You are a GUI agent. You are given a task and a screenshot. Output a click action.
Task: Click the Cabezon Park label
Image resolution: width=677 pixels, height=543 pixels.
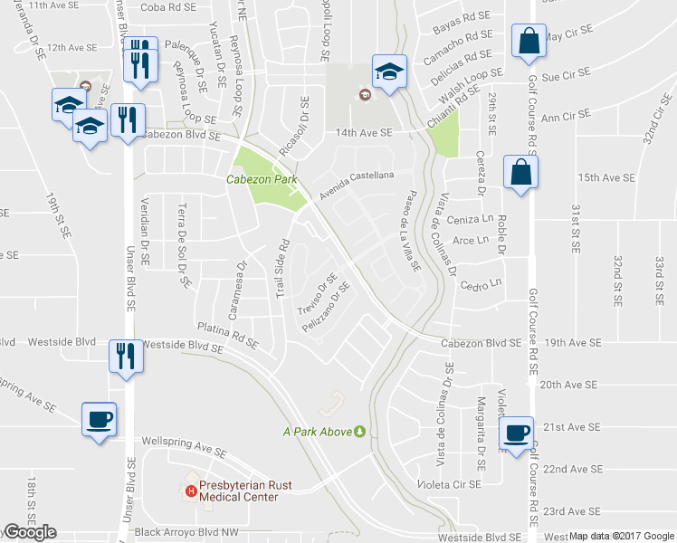pyautogui.click(x=262, y=180)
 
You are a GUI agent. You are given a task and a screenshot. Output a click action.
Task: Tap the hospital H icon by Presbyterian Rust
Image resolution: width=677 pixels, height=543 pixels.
pyautogui.click(x=191, y=491)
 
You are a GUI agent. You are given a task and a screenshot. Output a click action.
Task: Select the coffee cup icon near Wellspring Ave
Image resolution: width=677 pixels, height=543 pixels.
pyautogui.click(x=100, y=420)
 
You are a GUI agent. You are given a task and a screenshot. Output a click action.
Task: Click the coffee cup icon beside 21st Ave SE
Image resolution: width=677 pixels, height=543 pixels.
pyautogui.click(x=517, y=433)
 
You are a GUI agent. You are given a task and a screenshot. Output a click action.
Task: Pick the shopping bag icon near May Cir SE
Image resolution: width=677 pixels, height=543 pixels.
pyautogui.click(x=527, y=41)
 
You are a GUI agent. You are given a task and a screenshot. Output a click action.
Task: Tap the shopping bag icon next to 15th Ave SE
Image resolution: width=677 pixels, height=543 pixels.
pyautogui.click(x=521, y=174)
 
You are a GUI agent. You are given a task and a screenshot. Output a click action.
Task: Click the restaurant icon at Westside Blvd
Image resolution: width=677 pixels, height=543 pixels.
pyautogui.click(x=123, y=355)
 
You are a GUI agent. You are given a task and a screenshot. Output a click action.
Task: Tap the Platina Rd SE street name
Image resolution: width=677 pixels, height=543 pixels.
pyautogui.click(x=227, y=337)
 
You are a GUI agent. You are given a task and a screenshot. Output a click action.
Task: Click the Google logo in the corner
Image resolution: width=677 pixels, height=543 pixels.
pyautogui.click(x=30, y=533)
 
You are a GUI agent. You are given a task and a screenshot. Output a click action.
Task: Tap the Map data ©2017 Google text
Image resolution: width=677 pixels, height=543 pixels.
pyautogui.click(x=622, y=536)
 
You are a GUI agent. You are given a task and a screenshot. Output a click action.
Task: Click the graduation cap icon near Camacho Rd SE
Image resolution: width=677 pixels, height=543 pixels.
pyautogui.click(x=387, y=72)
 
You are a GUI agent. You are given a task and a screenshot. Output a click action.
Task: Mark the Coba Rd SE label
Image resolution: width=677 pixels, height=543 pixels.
pyautogui.click(x=167, y=7)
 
